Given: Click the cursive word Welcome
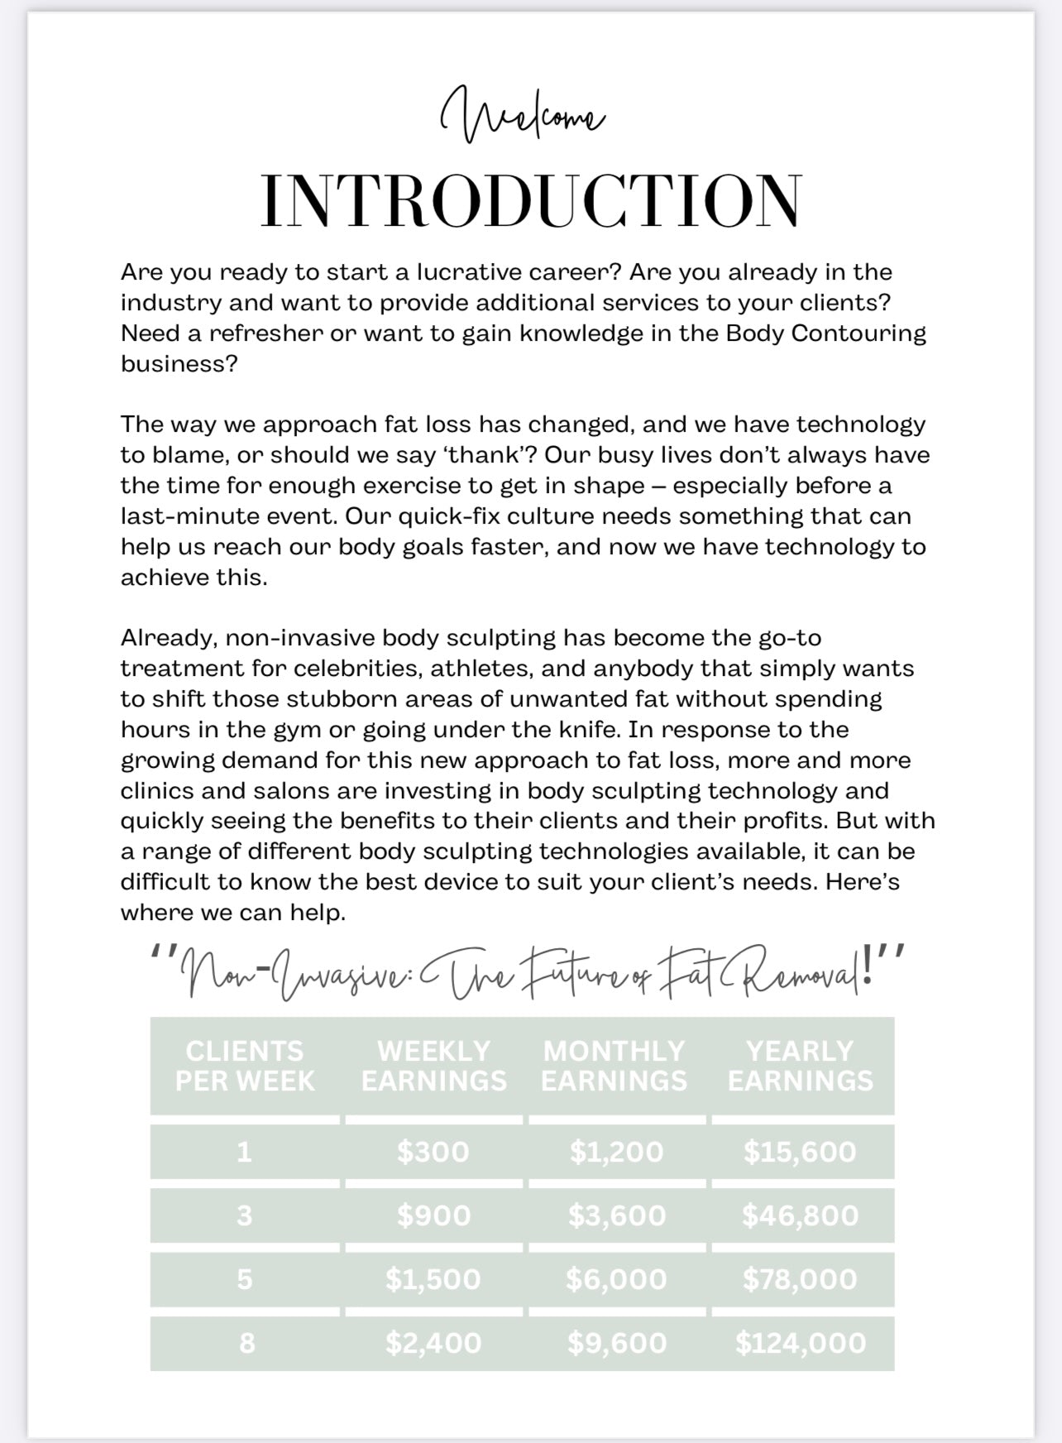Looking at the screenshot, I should (523, 116).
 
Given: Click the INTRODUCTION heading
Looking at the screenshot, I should (531, 201).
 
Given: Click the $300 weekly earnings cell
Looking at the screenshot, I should (433, 1152).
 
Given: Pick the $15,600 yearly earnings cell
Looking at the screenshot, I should (800, 1152).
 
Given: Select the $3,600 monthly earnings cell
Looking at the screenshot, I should (617, 1215).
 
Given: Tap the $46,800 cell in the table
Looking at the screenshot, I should (800, 1215).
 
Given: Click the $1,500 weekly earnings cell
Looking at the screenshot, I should (433, 1279).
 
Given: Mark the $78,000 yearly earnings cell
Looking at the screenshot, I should (800, 1279).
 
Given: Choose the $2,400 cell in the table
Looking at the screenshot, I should (433, 1343).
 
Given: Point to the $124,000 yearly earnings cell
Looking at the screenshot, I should (801, 1343).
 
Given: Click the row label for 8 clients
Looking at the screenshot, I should (246, 1343).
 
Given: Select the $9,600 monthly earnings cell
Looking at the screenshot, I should (617, 1343).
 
